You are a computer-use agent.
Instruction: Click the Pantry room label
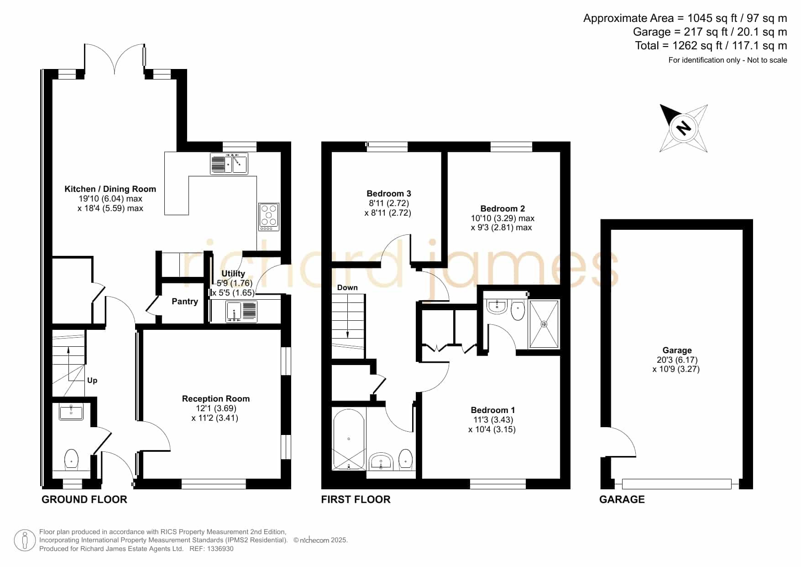click(184, 302)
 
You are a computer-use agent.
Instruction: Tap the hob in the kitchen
click(269, 217)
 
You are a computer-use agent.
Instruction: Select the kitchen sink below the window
click(229, 164)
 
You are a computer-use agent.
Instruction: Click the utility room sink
click(242, 312)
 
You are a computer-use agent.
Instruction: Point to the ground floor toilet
click(72, 459)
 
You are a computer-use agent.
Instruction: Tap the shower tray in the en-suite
click(544, 324)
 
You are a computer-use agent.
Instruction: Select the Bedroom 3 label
click(389, 194)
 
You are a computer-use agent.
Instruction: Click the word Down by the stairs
click(347, 288)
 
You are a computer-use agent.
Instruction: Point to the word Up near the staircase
click(92, 381)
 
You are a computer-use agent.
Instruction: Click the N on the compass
click(683, 127)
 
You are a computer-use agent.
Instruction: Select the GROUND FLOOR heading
click(84, 499)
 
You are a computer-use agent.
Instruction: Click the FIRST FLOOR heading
click(356, 499)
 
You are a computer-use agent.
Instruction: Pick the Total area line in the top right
click(711, 46)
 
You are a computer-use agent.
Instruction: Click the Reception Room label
click(216, 399)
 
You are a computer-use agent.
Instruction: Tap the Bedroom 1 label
click(492, 410)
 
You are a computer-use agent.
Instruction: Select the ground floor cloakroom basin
click(71, 412)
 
